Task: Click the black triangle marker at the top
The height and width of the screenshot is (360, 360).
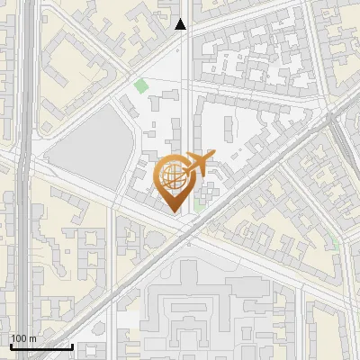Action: pos(181,24)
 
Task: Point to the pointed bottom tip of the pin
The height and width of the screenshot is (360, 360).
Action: pos(175,211)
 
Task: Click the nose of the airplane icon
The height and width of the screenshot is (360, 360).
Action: pos(213,155)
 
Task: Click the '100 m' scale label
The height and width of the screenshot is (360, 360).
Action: pos(24,337)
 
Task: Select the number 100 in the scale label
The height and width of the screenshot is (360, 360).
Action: pos(20,337)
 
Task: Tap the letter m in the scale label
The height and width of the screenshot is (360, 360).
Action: pos(33,337)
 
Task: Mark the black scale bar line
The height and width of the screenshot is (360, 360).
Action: pos(40,346)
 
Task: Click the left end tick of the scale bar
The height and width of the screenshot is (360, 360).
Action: pos(10,344)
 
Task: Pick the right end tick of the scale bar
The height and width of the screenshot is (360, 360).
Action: pos(72,344)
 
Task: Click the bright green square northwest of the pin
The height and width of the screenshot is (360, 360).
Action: pos(140,86)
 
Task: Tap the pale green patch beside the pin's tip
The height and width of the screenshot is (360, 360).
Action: pos(200,206)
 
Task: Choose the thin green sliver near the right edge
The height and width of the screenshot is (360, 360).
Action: pos(337,243)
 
